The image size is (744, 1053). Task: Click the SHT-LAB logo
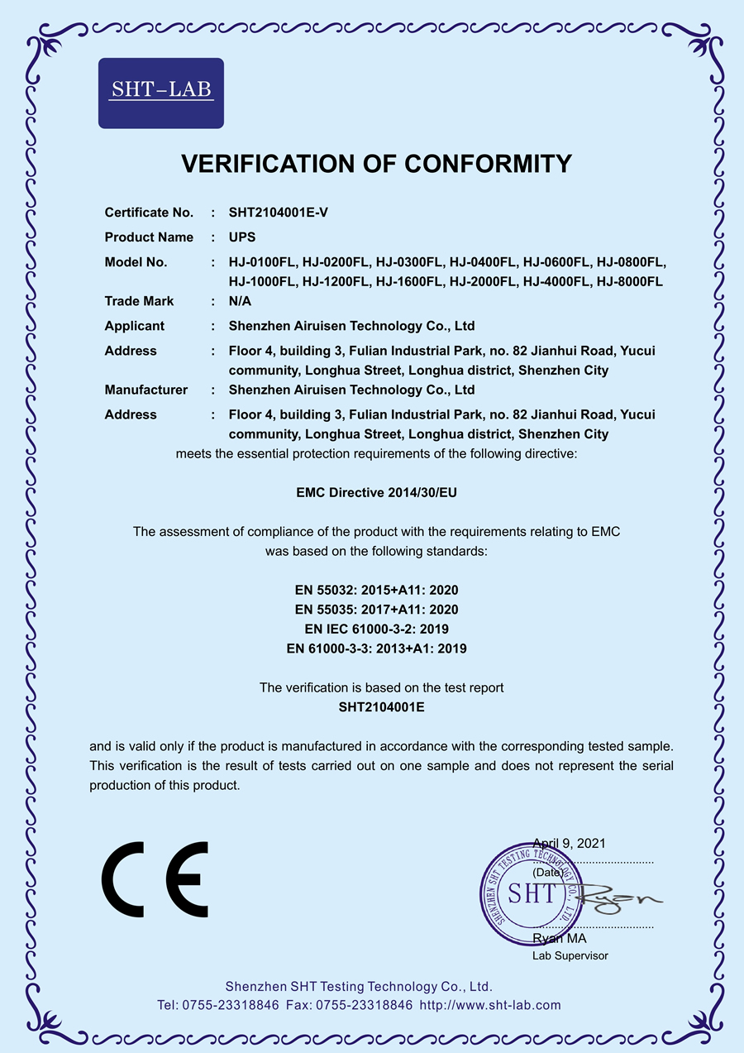tap(161, 93)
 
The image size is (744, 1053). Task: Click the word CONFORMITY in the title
tap(488, 164)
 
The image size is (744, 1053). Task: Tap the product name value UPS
tap(242, 237)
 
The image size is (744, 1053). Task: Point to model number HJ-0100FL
tap(262, 262)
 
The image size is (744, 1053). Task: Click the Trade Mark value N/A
tap(241, 301)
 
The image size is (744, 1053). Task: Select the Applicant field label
tap(134, 326)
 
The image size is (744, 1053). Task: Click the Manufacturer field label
tap(145, 390)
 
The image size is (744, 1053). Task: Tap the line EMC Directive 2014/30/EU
tap(376, 492)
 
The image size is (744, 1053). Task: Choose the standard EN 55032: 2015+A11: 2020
tap(376, 591)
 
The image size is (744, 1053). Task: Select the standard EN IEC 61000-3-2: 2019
tap(376, 629)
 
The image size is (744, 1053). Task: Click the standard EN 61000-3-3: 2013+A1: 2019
tap(376, 649)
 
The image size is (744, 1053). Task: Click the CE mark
tap(155, 880)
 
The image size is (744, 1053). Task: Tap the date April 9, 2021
tap(569, 844)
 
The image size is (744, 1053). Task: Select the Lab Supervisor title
tap(570, 955)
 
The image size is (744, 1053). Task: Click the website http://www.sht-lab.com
tap(490, 1005)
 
